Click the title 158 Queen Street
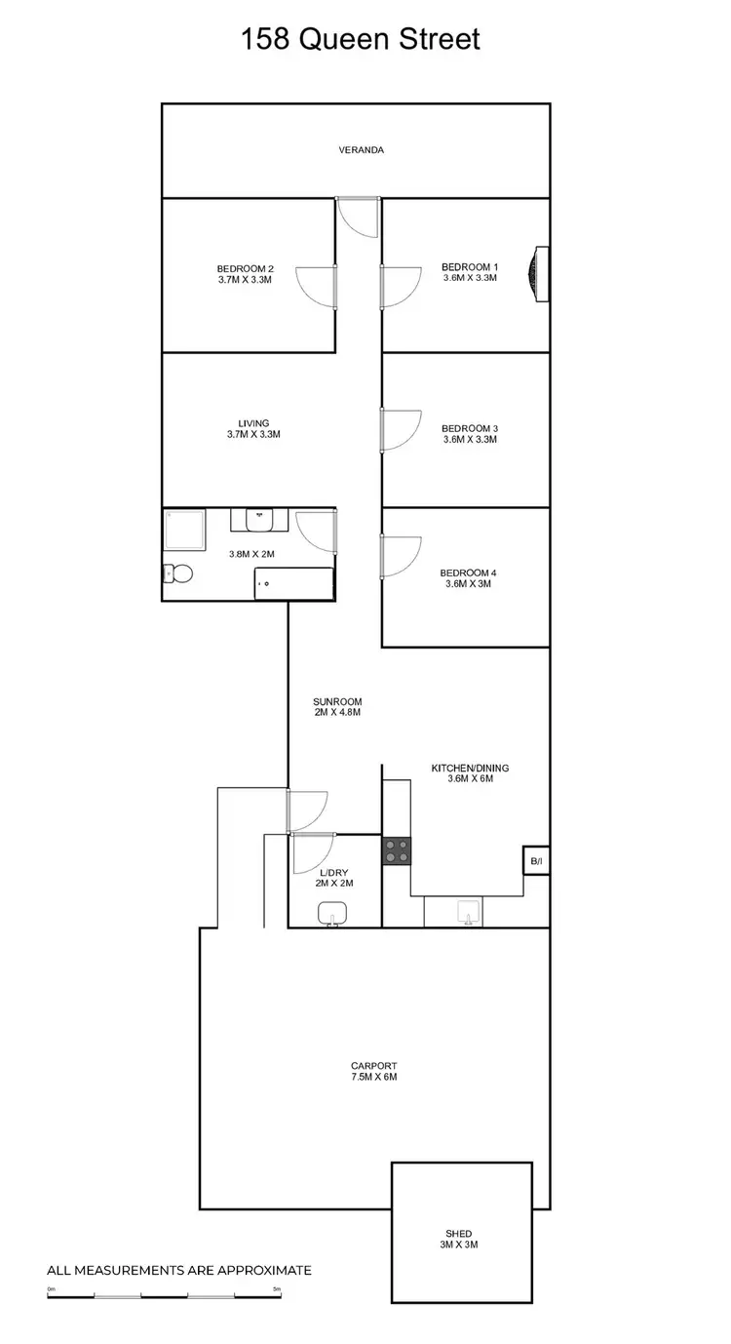(361, 40)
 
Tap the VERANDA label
(361, 150)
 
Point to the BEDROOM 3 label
(469, 428)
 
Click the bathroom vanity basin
(260, 520)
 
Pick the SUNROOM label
(337, 701)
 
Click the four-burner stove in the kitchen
(397, 850)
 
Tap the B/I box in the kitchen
(536, 861)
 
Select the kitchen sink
(467, 912)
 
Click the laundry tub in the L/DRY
(333, 913)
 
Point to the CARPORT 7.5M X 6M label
(374, 1072)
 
